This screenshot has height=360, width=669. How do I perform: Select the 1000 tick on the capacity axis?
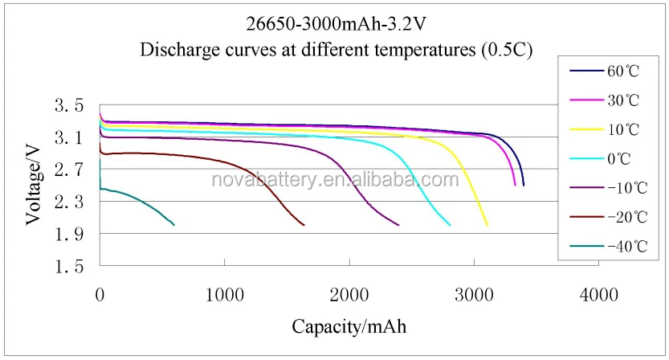click(x=224, y=294)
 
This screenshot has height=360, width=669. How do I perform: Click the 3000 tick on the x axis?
click(x=474, y=294)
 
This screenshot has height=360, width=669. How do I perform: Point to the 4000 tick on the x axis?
click(x=598, y=294)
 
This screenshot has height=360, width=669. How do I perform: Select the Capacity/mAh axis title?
click(x=349, y=327)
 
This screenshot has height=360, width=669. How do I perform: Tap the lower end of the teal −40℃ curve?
click(x=173, y=225)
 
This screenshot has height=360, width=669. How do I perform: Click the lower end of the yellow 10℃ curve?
click(x=487, y=226)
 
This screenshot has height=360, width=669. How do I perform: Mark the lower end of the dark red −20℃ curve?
click(x=304, y=225)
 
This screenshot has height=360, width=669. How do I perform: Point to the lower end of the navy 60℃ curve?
click(x=524, y=186)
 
